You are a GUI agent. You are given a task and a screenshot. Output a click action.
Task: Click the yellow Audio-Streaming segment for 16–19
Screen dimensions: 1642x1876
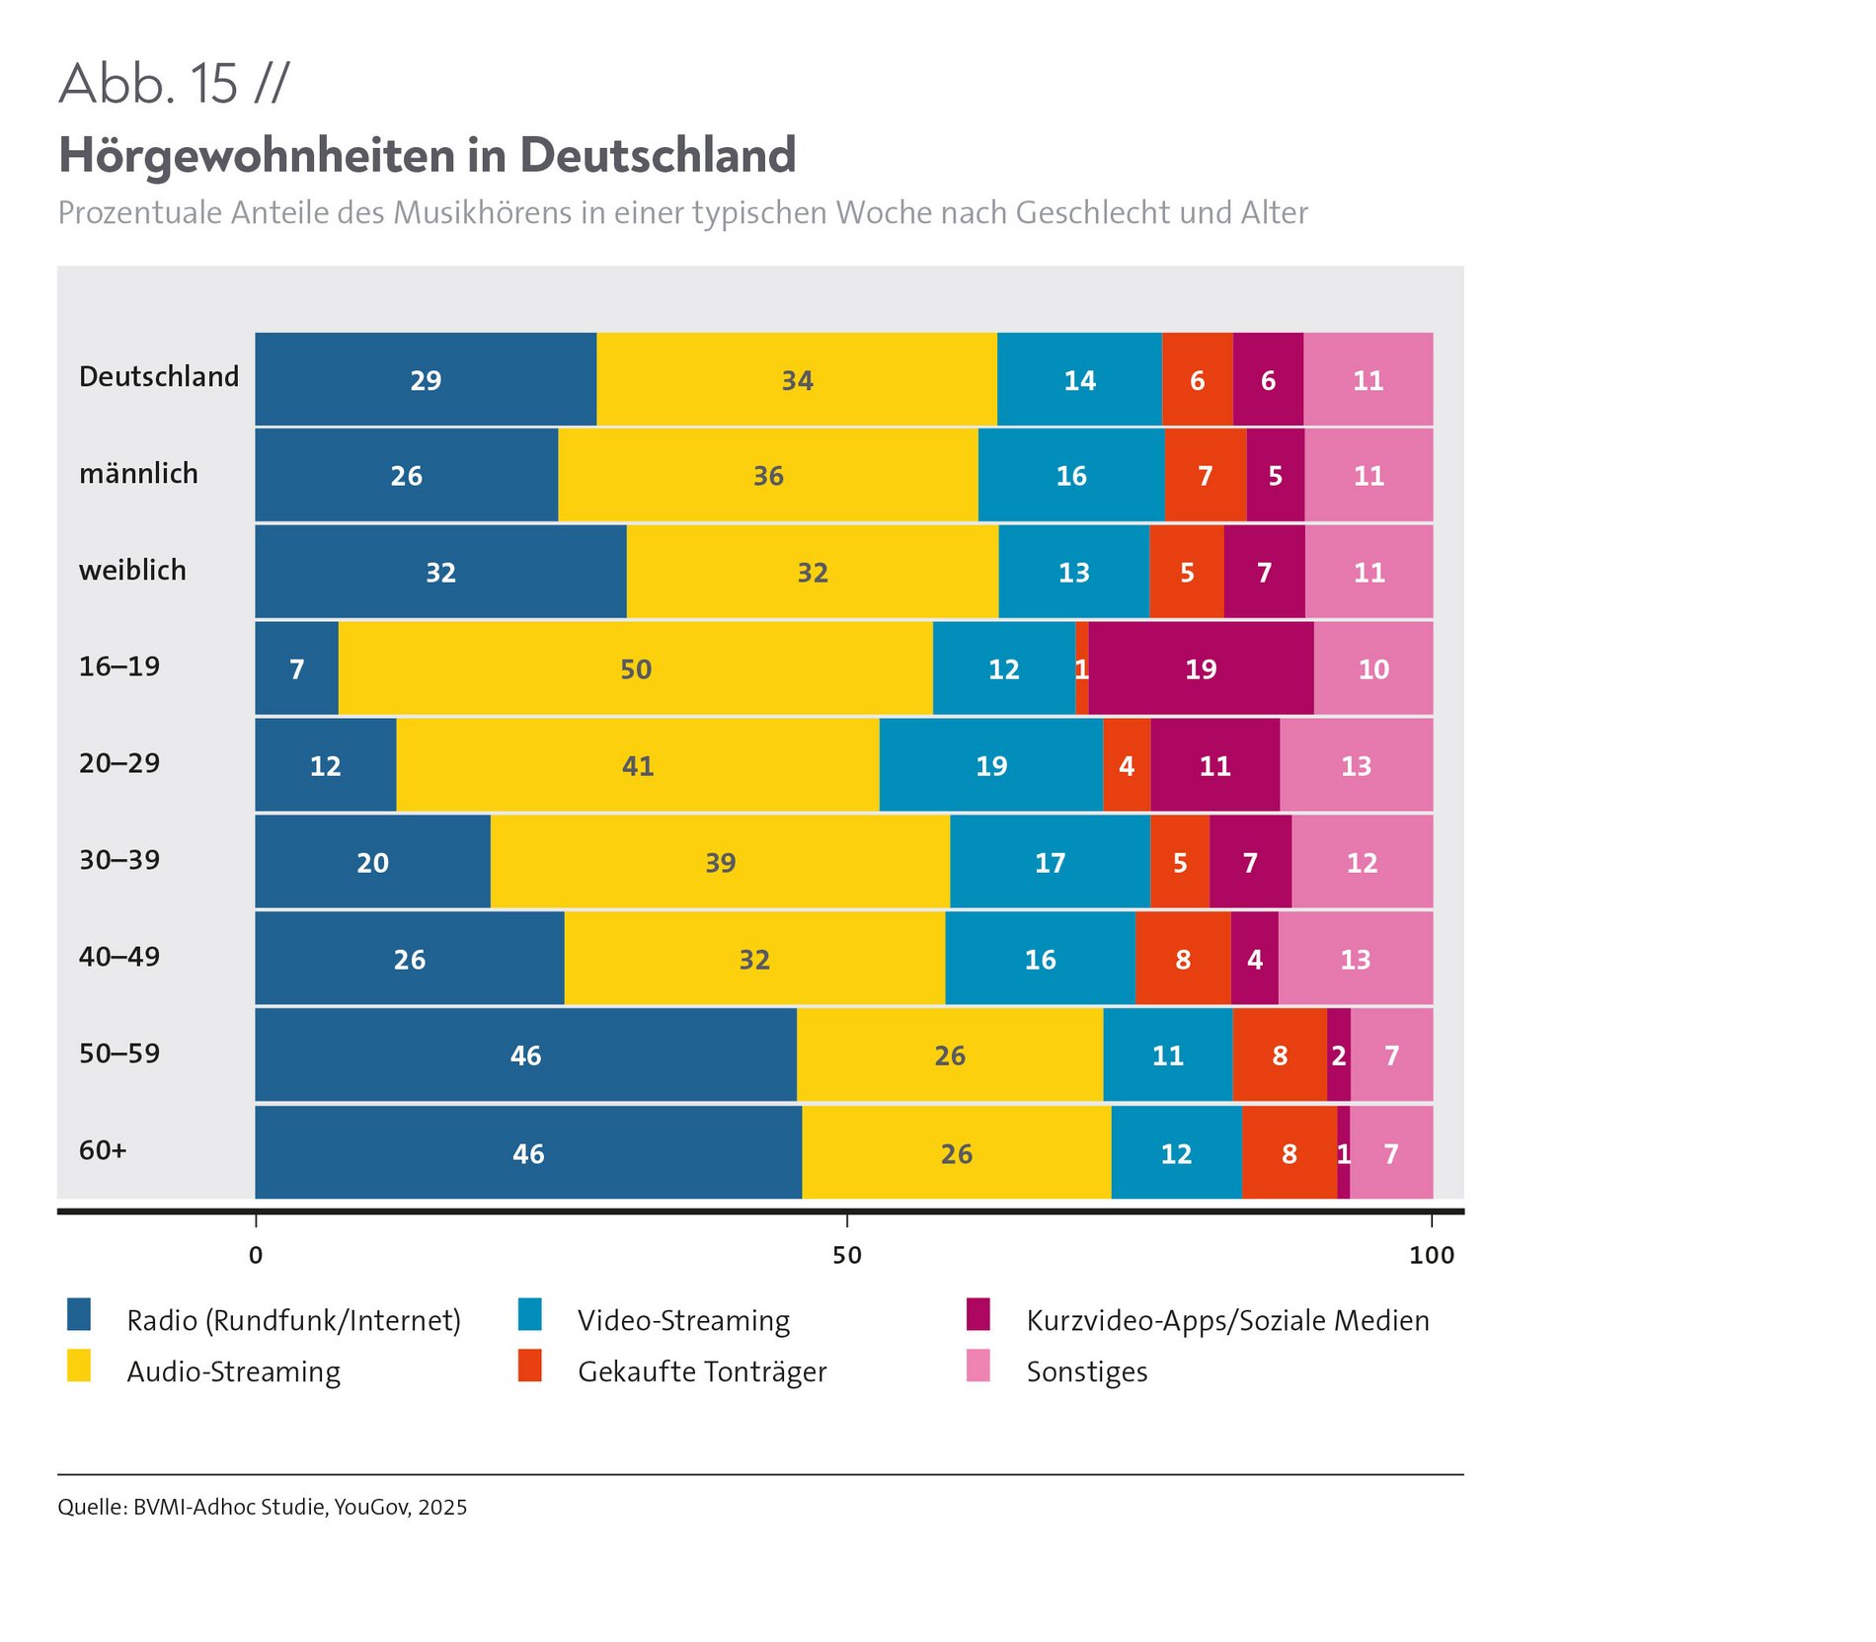635,668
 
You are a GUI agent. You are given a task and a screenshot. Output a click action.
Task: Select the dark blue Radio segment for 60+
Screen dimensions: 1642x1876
528,1152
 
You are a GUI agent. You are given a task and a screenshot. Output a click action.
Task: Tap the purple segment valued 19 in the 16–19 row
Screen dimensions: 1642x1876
1201,668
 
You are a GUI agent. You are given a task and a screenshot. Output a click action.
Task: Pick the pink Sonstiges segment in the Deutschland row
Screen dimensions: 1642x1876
1368,380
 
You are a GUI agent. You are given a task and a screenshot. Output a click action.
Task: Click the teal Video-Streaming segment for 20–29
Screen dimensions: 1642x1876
990,765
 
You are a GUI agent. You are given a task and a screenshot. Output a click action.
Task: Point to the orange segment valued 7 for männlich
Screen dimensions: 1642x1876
1205,475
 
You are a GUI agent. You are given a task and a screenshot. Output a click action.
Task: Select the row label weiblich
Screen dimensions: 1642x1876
132,571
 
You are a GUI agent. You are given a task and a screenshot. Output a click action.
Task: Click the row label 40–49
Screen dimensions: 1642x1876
119,957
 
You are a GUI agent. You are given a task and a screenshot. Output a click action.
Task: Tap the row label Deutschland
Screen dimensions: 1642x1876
159,377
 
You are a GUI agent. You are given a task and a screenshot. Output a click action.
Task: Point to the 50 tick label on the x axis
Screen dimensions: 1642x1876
847,1255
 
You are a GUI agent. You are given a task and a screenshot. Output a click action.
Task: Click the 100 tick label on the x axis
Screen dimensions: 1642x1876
1431,1255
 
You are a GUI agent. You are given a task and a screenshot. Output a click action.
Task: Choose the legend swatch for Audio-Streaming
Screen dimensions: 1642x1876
79,1366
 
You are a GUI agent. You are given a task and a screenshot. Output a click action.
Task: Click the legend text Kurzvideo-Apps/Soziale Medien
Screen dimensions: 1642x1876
1227,1321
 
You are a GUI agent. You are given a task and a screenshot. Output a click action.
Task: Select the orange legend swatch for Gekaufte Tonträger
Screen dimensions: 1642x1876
530,1366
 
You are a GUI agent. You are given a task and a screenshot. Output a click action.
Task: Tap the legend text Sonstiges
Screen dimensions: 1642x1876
1087,1372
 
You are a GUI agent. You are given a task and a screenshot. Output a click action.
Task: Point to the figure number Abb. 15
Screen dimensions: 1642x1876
148,83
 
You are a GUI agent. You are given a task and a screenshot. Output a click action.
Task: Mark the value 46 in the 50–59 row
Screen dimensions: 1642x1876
525,1056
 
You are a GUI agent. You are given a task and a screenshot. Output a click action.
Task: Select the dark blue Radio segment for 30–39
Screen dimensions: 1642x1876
372,862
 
